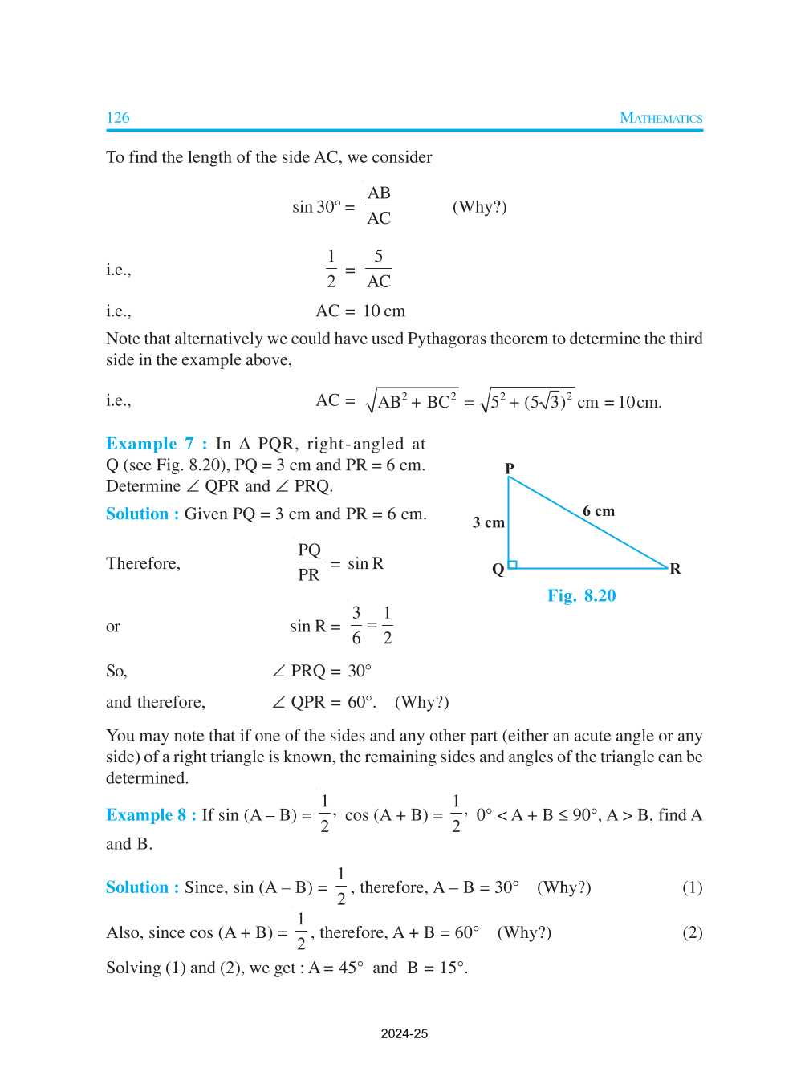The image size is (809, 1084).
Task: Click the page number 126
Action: click(118, 118)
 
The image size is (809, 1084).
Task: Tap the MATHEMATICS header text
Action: click(661, 118)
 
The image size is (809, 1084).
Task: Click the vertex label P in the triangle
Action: click(510, 468)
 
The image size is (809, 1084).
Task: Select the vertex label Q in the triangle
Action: click(498, 569)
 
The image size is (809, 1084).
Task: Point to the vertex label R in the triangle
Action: click(675, 569)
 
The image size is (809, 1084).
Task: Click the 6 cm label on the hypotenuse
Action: click(599, 511)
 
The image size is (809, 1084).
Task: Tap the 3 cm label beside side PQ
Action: click(489, 523)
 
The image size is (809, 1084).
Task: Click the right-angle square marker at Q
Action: click(513, 564)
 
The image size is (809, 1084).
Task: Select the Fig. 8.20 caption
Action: click(582, 595)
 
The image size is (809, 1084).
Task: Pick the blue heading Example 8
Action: click(151, 815)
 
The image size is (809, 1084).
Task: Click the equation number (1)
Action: click(692, 887)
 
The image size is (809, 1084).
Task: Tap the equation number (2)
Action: click(692, 932)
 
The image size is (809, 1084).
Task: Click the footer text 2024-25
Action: click(404, 1033)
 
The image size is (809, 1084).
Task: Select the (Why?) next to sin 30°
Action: click(480, 207)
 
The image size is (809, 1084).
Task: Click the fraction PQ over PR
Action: click(309, 562)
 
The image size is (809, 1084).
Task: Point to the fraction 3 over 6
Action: click(356, 626)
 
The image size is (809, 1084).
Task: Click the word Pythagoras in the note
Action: click(453, 339)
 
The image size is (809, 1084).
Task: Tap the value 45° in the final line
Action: click(351, 968)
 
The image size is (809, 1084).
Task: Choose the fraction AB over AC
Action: click(379, 205)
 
